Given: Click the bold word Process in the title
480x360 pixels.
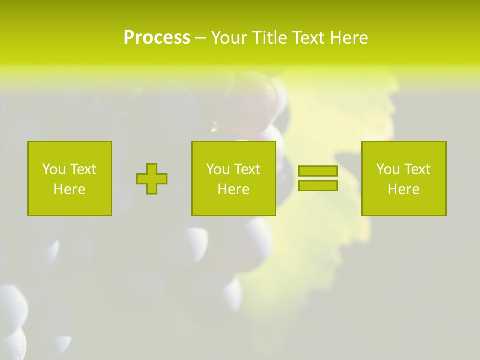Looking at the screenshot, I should [x=157, y=38].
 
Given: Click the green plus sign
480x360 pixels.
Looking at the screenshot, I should [x=152, y=179].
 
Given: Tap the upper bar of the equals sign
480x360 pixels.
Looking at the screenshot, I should [x=318, y=171].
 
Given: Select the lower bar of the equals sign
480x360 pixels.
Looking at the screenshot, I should [x=318, y=186].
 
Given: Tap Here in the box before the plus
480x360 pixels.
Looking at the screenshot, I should [x=69, y=189].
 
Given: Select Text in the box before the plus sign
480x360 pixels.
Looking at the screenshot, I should [x=83, y=169].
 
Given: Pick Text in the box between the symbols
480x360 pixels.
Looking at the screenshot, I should [x=247, y=169].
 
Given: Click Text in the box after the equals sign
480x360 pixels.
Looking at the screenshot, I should [x=417, y=169].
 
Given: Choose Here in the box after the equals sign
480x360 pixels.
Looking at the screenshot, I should [x=403, y=189].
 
